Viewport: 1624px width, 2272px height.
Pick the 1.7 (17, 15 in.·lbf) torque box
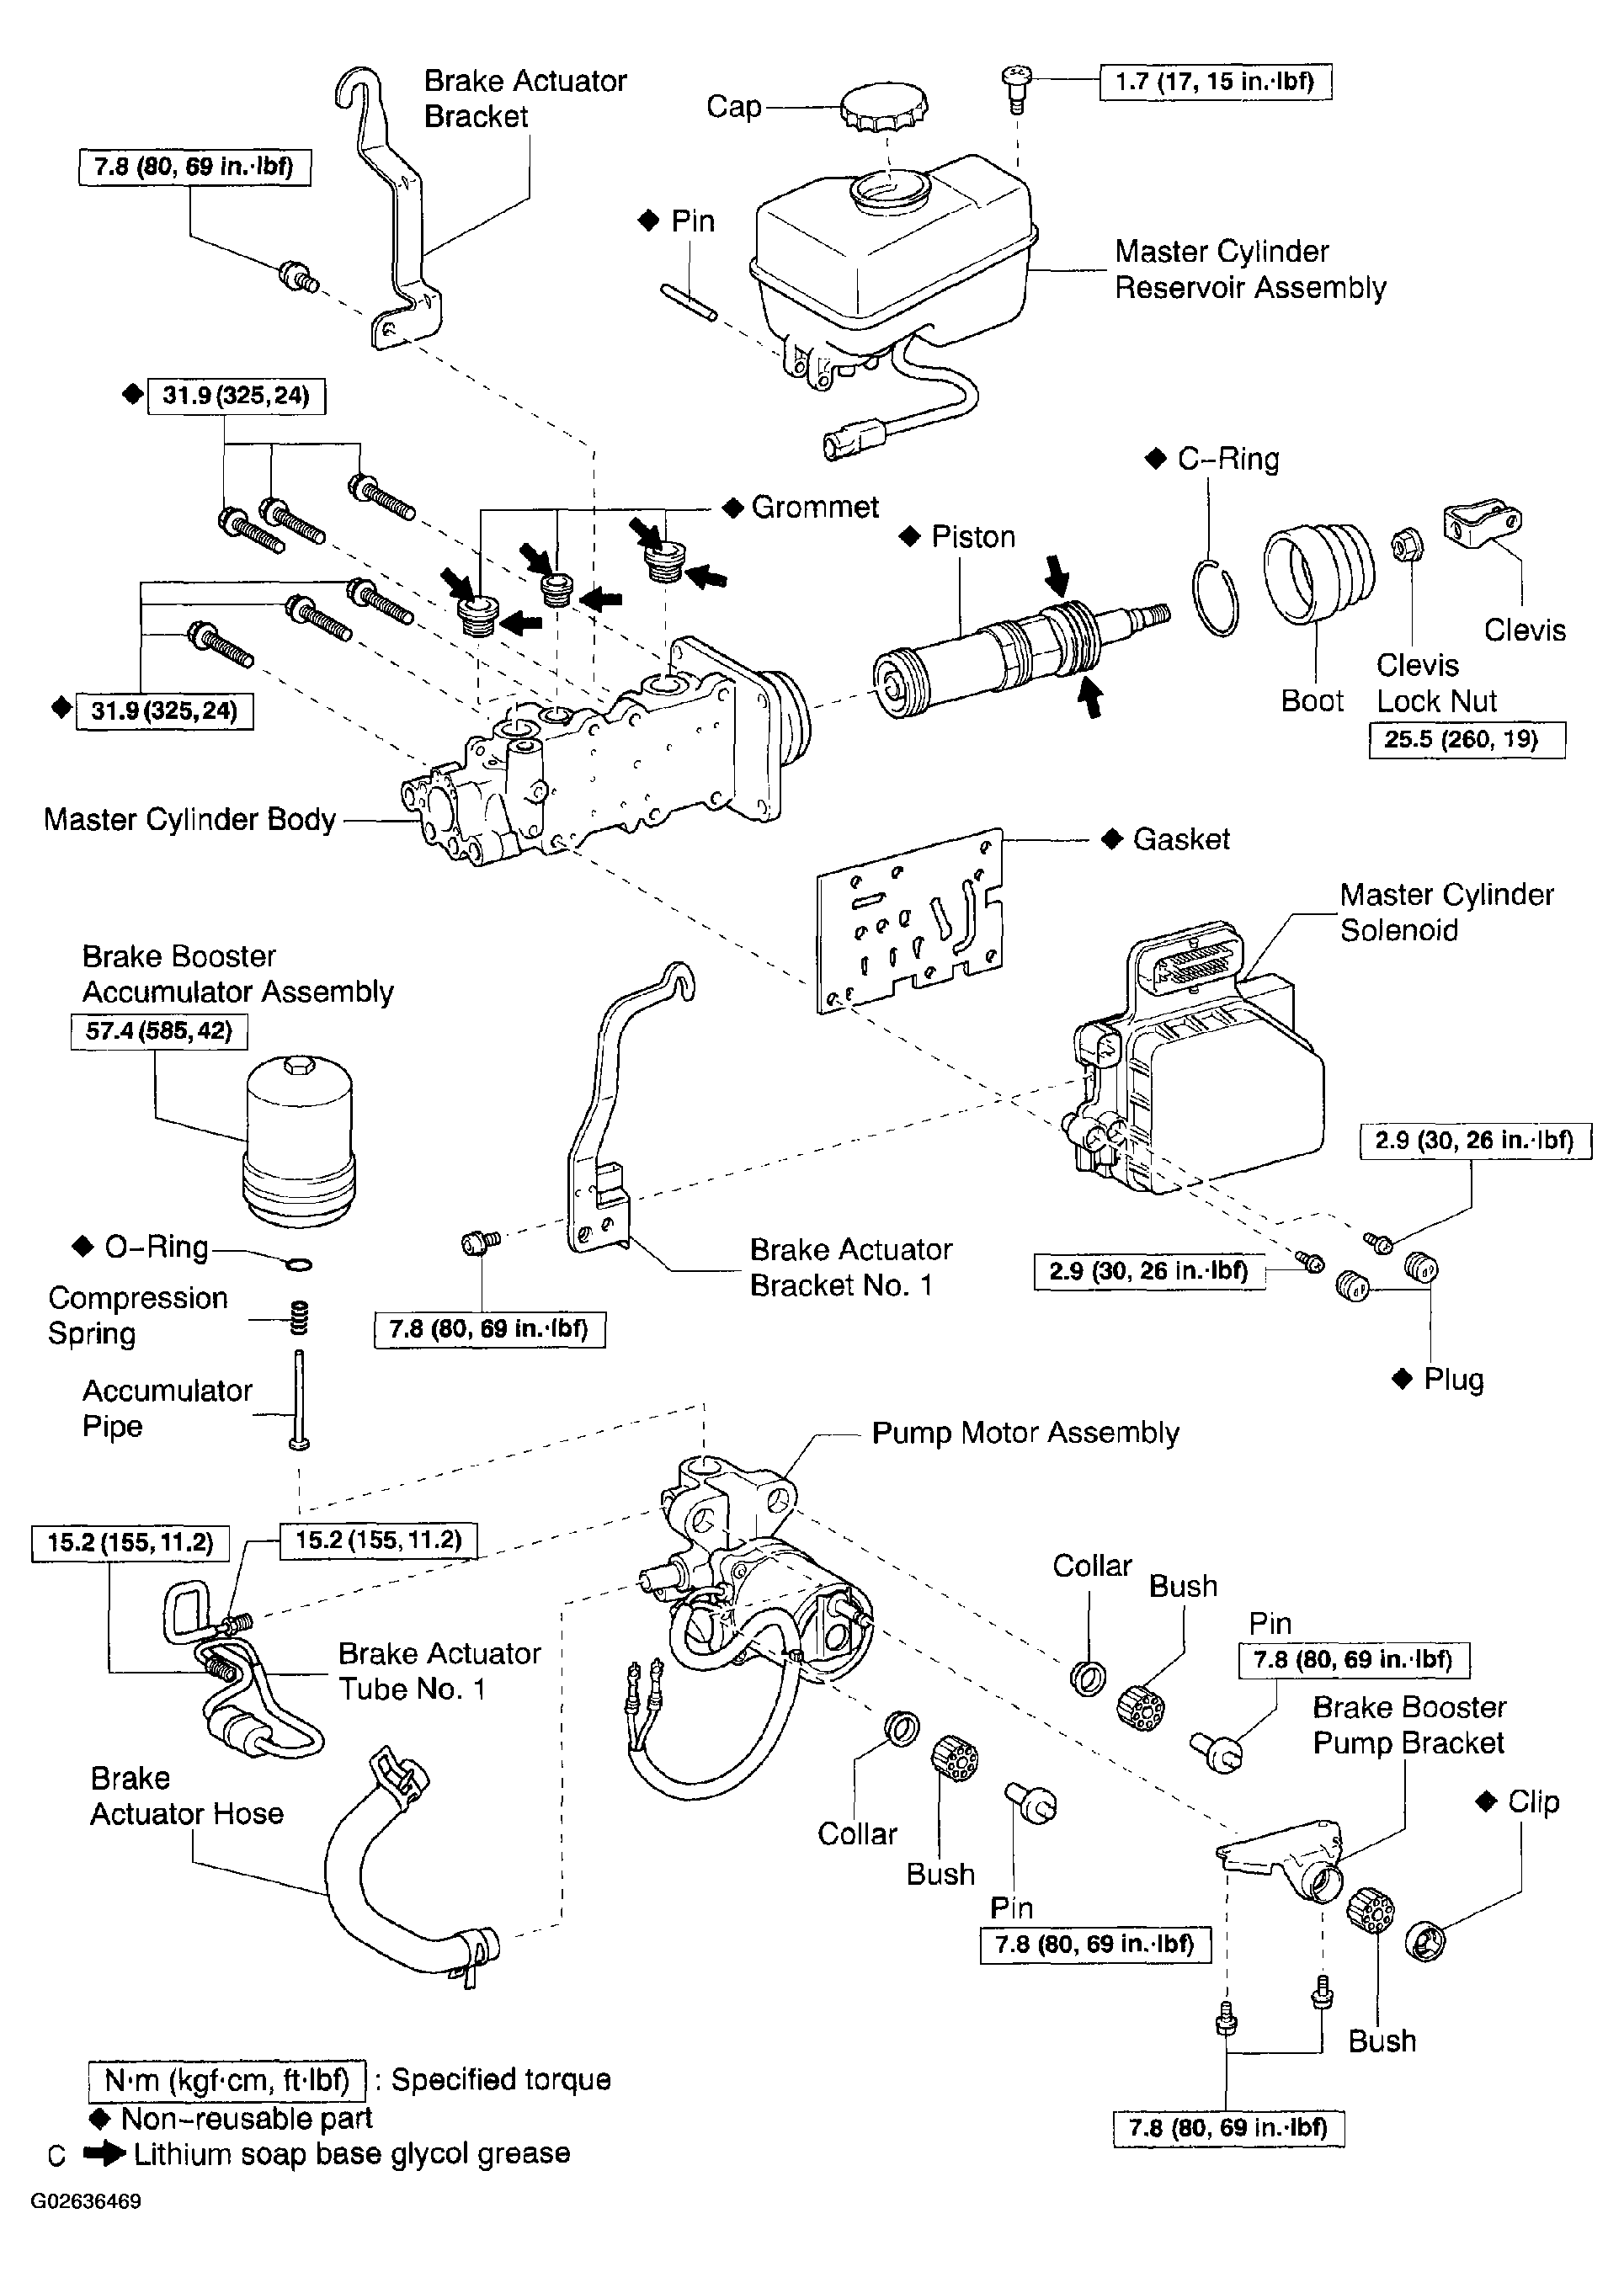[x=1215, y=82]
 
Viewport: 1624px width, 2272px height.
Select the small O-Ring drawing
[x=298, y=1265]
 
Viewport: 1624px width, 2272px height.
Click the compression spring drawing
[x=300, y=1318]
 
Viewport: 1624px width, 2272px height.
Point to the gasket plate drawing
[x=910, y=920]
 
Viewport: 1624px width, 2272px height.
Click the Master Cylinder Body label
[x=190, y=819]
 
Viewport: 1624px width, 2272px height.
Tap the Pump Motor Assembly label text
[x=1025, y=1433]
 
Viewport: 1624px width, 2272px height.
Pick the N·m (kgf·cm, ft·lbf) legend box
[x=227, y=2081]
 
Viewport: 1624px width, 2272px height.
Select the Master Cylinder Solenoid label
[x=1447, y=912]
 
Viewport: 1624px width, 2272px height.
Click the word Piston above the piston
[x=973, y=537]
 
